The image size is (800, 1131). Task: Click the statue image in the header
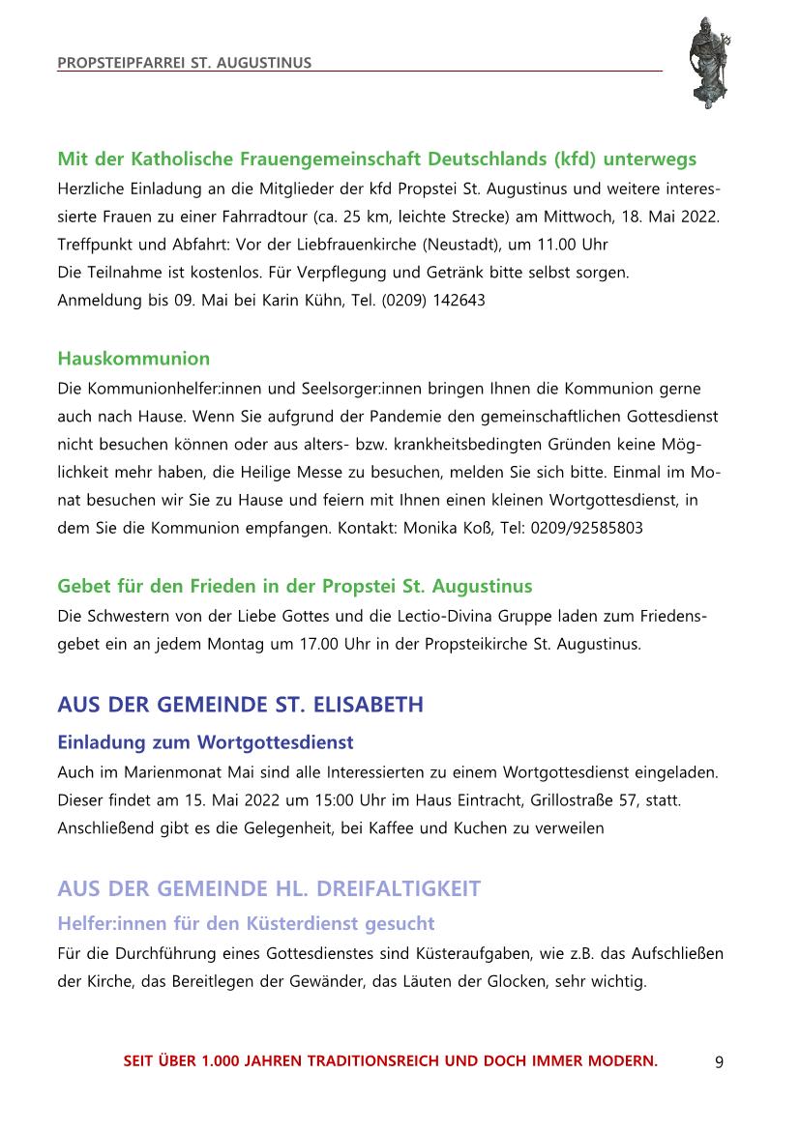tap(707, 63)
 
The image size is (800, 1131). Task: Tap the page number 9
tap(719, 1061)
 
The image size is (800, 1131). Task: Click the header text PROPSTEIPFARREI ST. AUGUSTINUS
tap(185, 63)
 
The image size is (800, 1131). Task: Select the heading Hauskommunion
tap(133, 359)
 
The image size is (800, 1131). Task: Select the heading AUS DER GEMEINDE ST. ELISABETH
tap(240, 705)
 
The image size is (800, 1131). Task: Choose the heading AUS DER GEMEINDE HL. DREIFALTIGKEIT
tap(269, 887)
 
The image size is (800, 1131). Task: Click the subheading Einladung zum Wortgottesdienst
tap(206, 742)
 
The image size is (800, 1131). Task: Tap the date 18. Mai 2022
tap(667, 215)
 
